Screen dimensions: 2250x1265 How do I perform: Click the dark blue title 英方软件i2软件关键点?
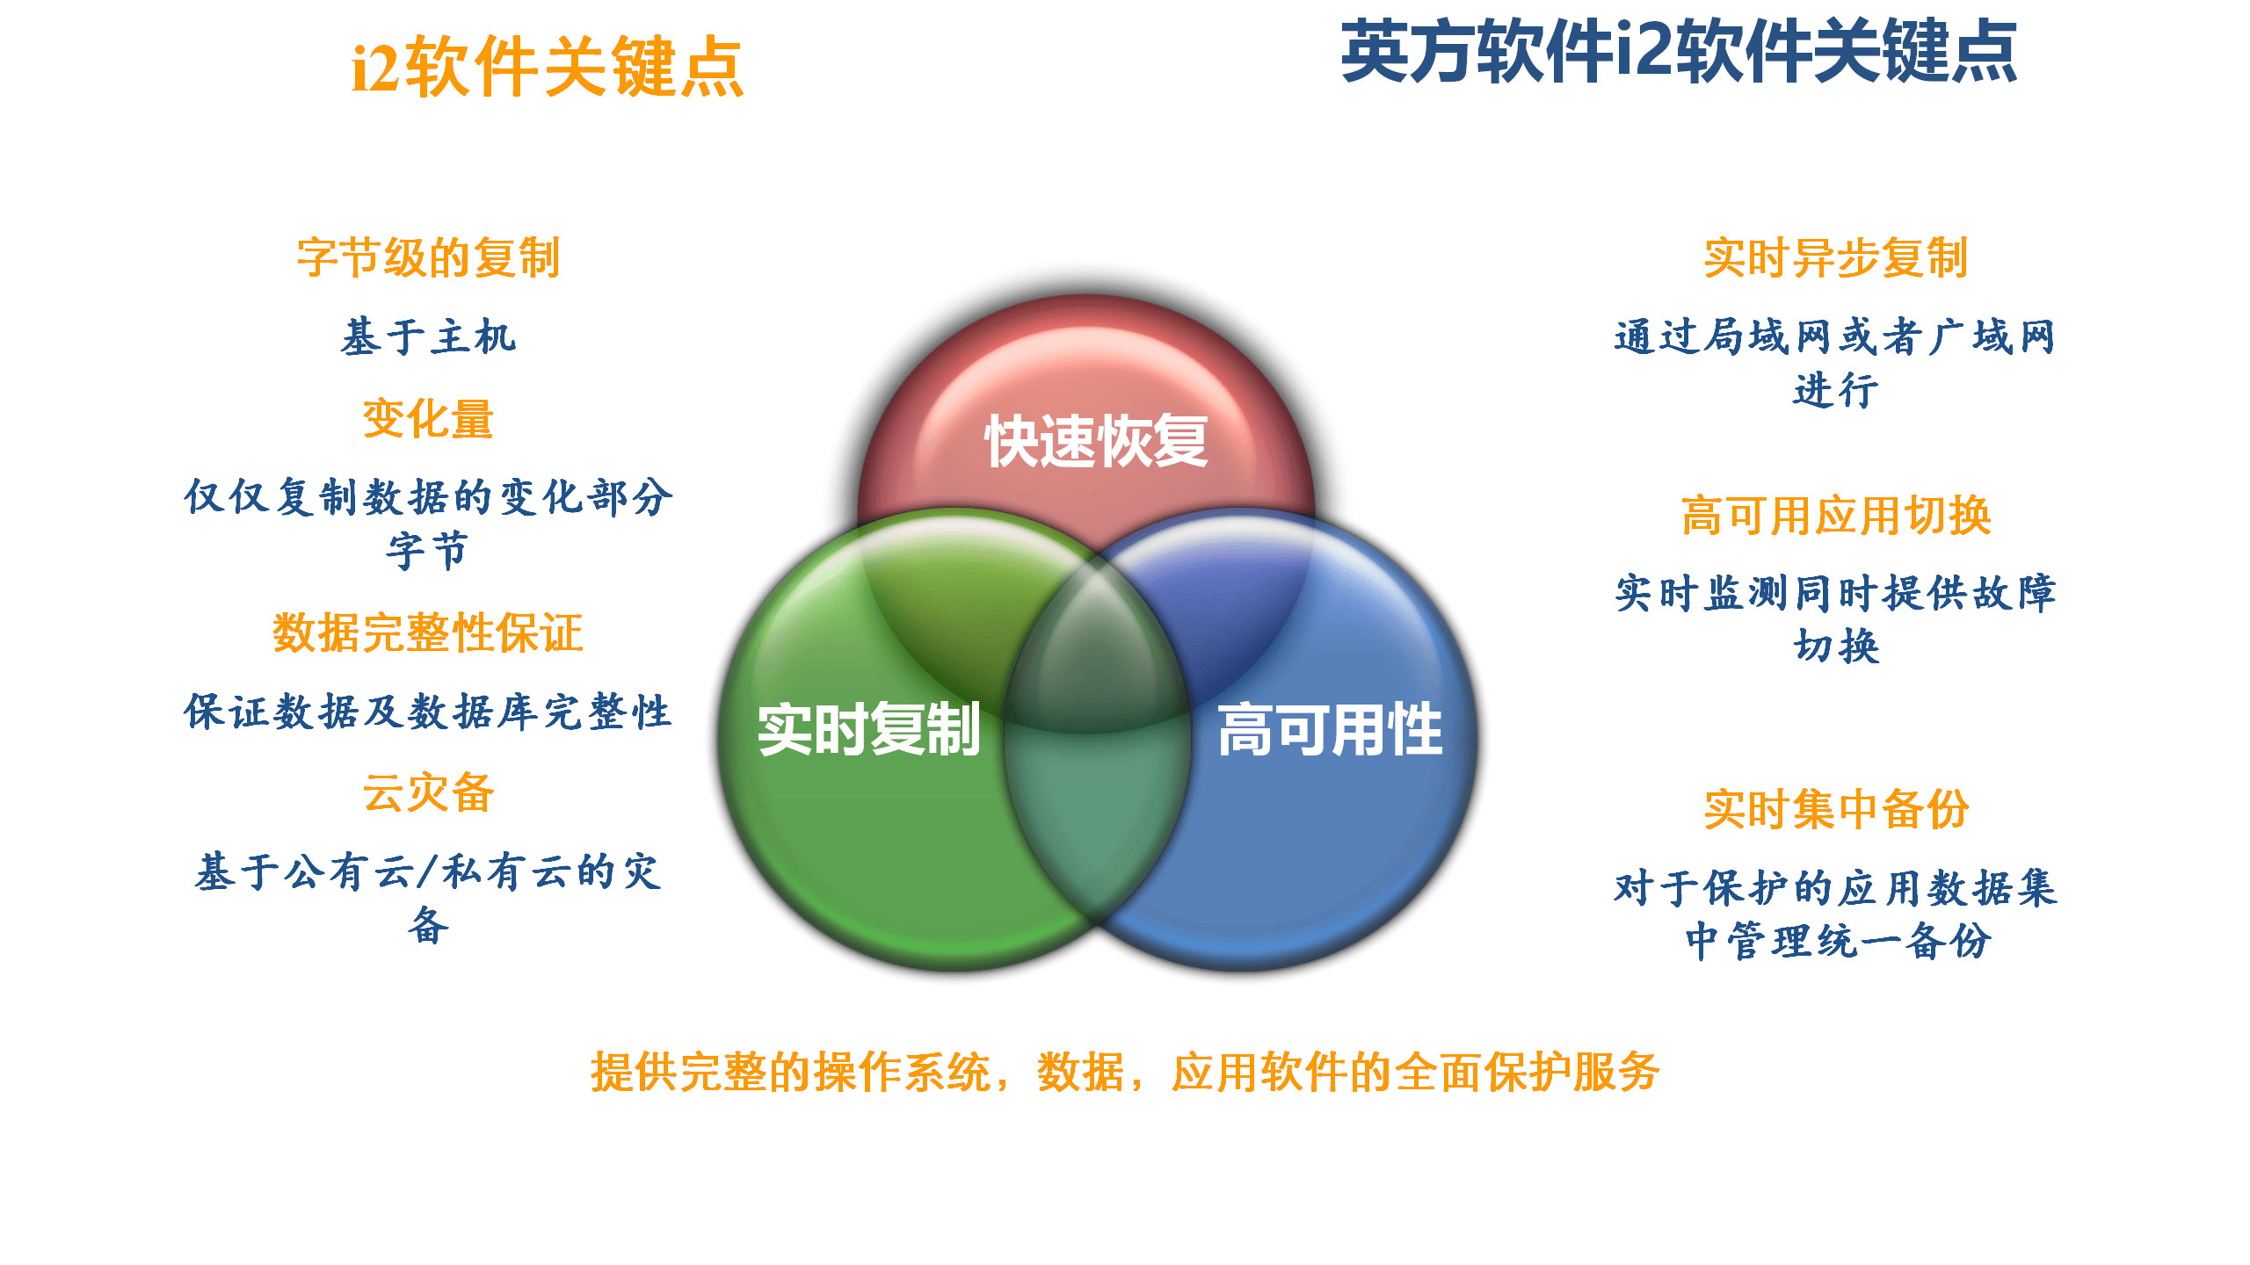tap(1679, 53)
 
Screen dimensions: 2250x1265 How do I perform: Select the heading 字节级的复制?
tap(428, 257)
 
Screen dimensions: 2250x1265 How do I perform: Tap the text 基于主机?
tap(428, 336)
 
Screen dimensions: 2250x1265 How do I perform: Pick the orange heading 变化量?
tap(428, 418)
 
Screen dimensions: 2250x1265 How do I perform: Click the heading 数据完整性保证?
tap(428, 632)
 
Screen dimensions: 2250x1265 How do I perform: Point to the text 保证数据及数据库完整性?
tap(428, 712)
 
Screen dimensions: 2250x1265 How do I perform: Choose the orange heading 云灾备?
tap(428, 792)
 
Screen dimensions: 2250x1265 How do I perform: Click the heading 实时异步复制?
tap(1835, 257)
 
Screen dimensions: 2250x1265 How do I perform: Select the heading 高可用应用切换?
tap(1835, 515)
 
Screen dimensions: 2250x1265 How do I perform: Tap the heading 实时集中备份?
tap(1835, 808)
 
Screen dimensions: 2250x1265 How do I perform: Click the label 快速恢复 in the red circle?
tap(1096, 441)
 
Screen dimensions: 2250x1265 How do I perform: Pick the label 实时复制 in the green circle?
tap(868, 729)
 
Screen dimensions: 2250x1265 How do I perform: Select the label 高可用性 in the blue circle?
tap(1330, 729)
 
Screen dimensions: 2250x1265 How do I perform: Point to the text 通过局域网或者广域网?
tap(1835, 336)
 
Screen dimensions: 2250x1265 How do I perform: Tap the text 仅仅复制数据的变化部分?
tap(428, 497)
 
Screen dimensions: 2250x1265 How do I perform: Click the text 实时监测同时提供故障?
tap(1835, 594)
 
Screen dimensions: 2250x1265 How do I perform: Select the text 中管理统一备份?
tap(1837, 941)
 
